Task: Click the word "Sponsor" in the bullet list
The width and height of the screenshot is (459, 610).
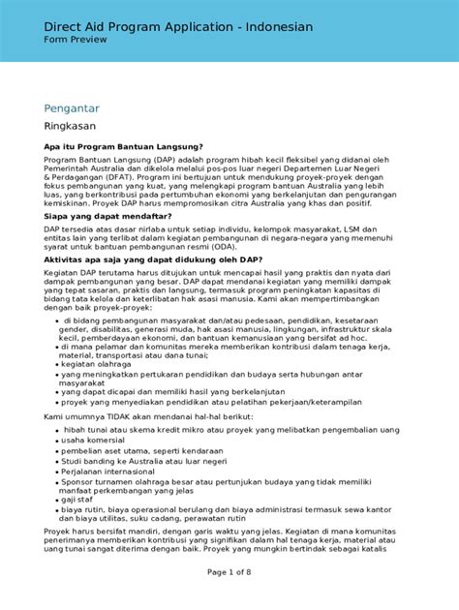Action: pos(79,481)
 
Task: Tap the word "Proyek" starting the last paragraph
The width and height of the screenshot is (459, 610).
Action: pos(60,531)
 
